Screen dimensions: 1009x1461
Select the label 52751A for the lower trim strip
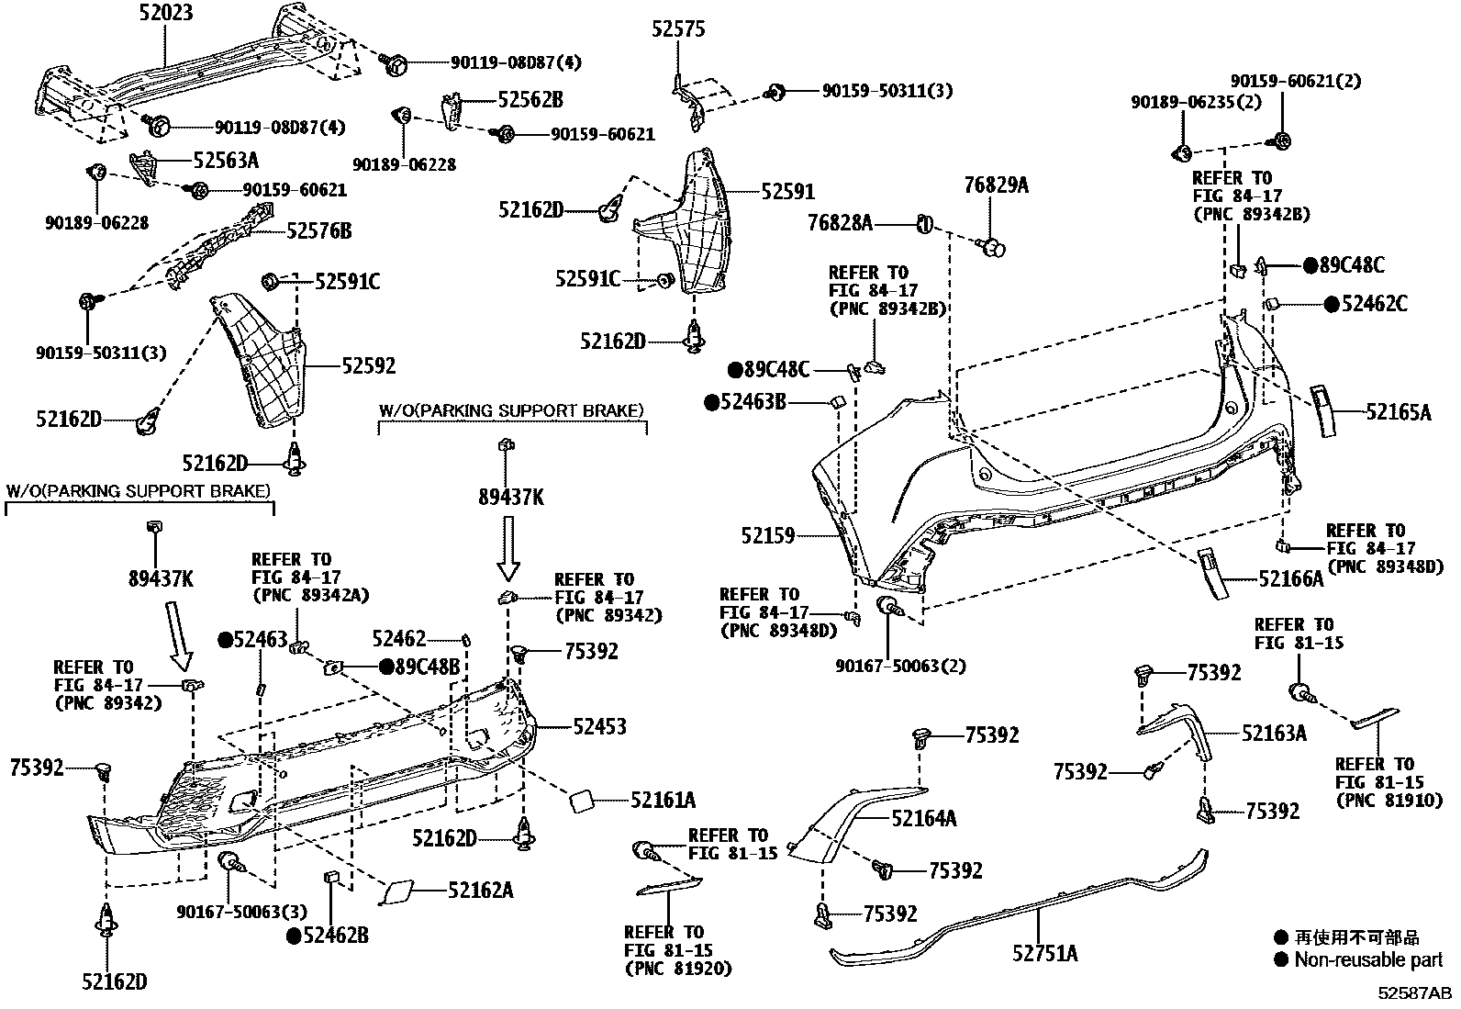[x=1044, y=953]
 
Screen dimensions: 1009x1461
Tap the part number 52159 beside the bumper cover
[x=768, y=535]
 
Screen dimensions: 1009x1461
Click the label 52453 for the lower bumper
[x=599, y=727]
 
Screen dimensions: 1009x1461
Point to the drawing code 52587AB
[x=1413, y=993]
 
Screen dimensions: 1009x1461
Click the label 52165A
[x=1398, y=413]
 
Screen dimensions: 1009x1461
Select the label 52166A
[x=1291, y=578]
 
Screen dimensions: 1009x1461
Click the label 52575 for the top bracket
[x=679, y=30]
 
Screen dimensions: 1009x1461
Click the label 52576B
[x=318, y=231]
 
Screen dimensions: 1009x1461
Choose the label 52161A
[x=663, y=801]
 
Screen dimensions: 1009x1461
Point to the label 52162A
[x=480, y=890]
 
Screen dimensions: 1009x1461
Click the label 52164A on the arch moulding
[x=924, y=818]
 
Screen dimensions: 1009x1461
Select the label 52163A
[x=1274, y=733]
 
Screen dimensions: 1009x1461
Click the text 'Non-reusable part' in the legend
[x=1368, y=960]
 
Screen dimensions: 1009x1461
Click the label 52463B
[x=753, y=401]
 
